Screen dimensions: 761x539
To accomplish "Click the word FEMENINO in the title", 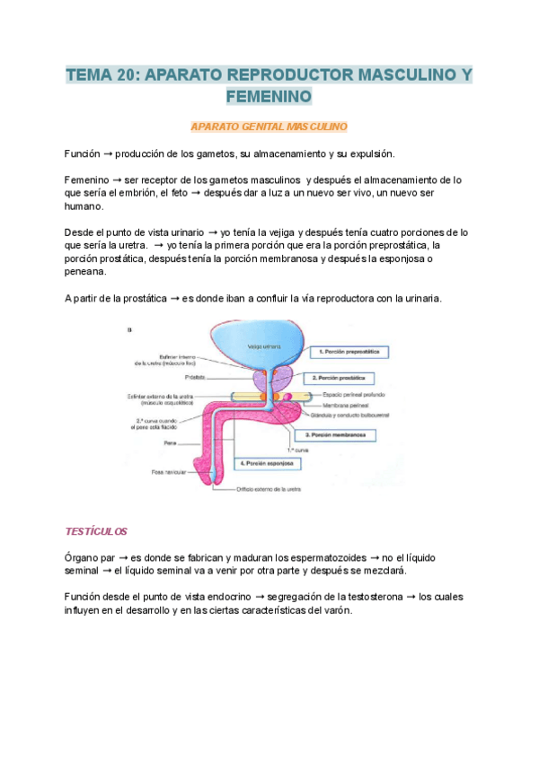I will click(x=269, y=96).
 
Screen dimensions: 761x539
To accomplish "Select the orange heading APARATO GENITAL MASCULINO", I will click(x=269, y=127).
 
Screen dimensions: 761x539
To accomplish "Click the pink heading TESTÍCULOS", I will click(x=97, y=531).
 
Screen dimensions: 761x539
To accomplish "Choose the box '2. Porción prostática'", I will click(x=343, y=378).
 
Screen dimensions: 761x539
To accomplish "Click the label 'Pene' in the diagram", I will click(x=170, y=442).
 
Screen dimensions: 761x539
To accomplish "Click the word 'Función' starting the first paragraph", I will click(x=84, y=154).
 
